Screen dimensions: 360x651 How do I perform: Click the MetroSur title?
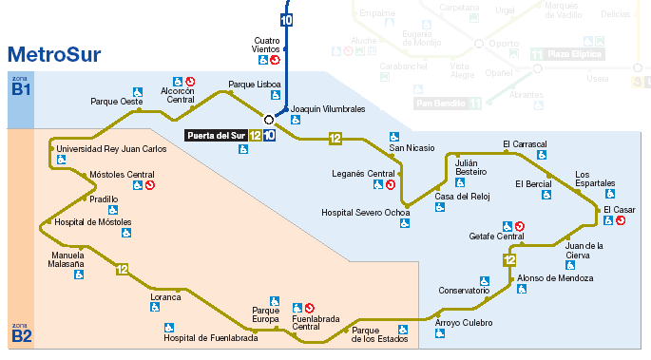[x=54, y=54]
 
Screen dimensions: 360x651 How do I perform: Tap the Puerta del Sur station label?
[x=215, y=136]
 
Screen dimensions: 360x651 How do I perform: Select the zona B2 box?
[x=21, y=332]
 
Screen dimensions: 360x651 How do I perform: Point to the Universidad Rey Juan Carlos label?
[x=111, y=149]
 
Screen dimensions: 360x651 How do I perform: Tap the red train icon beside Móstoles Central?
[x=149, y=185]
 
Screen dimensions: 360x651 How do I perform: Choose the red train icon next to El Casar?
[x=621, y=220]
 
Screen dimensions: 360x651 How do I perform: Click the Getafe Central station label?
[x=496, y=237]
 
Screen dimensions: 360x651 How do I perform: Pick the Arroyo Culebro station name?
[x=464, y=323]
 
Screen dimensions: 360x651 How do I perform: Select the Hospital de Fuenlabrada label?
[x=210, y=337]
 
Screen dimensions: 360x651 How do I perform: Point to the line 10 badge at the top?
[x=286, y=19]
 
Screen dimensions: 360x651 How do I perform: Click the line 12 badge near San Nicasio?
[x=335, y=140]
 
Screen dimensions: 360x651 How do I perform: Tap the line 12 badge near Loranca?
[x=122, y=270]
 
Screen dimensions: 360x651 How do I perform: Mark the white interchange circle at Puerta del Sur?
[x=269, y=120]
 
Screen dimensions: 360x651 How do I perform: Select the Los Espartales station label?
[x=595, y=179]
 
